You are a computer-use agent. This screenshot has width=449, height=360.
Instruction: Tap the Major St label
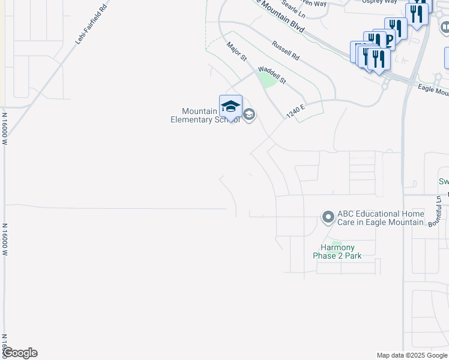(x=237, y=51)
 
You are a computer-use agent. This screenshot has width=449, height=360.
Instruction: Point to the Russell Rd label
(x=285, y=50)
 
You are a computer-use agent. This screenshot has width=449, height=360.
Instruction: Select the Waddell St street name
(x=272, y=75)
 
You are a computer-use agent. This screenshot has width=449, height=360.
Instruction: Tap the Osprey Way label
(x=379, y=2)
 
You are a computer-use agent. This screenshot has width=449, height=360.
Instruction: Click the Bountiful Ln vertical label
(x=439, y=211)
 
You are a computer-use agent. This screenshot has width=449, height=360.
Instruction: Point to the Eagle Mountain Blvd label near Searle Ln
(x=278, y=16)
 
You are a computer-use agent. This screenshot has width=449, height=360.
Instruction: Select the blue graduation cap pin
(x=231, y=106)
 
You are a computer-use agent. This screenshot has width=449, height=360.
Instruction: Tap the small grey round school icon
(x=249, y=115)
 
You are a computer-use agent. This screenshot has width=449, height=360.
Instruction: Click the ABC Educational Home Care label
(x=380, y=218)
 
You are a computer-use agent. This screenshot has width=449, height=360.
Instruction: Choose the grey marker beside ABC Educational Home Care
(x=328, y=217)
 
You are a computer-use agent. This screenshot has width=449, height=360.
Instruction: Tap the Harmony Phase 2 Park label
(x=337, y=251)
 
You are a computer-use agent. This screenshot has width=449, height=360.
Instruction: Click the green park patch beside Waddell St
(x=267, y=79)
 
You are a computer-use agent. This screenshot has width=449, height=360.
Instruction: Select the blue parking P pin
(x=387, y=40)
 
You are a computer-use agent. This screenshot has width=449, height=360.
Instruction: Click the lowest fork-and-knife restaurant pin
(x=378, y=59)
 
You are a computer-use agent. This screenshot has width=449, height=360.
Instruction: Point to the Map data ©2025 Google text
(x=412, y=355)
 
